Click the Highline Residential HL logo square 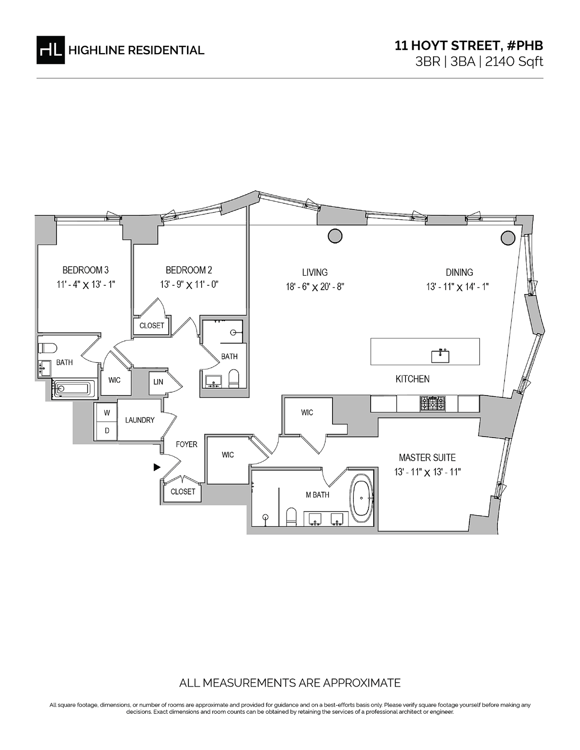50,50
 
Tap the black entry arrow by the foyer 157,467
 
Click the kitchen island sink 440,356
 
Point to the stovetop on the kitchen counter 433,403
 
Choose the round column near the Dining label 508,238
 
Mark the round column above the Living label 335,236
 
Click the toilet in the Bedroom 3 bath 47,348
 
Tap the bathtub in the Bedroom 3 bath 72,389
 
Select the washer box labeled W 107,412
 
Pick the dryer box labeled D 107,431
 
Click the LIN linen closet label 158,382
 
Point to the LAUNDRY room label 140,420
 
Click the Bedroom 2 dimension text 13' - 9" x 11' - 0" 189,285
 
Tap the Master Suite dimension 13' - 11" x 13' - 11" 427,472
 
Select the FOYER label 187,445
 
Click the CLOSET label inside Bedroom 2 152,325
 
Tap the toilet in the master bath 291,517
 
